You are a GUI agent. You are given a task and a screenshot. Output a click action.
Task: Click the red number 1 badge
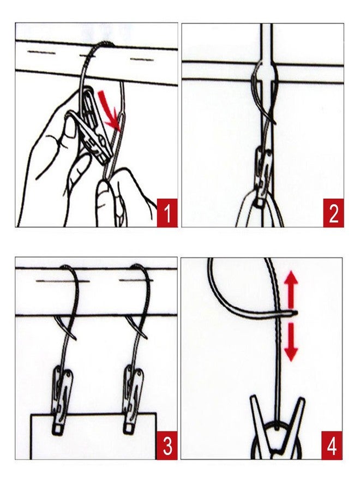[167, 213]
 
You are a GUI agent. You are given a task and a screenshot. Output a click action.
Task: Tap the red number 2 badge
[333, 213]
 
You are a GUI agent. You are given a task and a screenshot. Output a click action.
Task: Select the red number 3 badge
[167, 445]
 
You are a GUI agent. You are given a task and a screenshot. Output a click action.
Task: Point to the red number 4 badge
[332, 445]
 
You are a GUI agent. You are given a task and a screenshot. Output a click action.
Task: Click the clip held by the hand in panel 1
[94, 128]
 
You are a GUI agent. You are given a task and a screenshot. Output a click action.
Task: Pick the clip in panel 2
[263, 177]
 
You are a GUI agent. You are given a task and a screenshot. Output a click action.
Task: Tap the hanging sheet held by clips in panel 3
[93, 435]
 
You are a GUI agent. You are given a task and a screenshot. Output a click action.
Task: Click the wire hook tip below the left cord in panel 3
[76, 339]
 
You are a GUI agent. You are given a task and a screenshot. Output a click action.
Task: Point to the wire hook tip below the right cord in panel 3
[147, 338]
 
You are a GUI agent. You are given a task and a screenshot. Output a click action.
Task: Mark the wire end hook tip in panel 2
[275, 124]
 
